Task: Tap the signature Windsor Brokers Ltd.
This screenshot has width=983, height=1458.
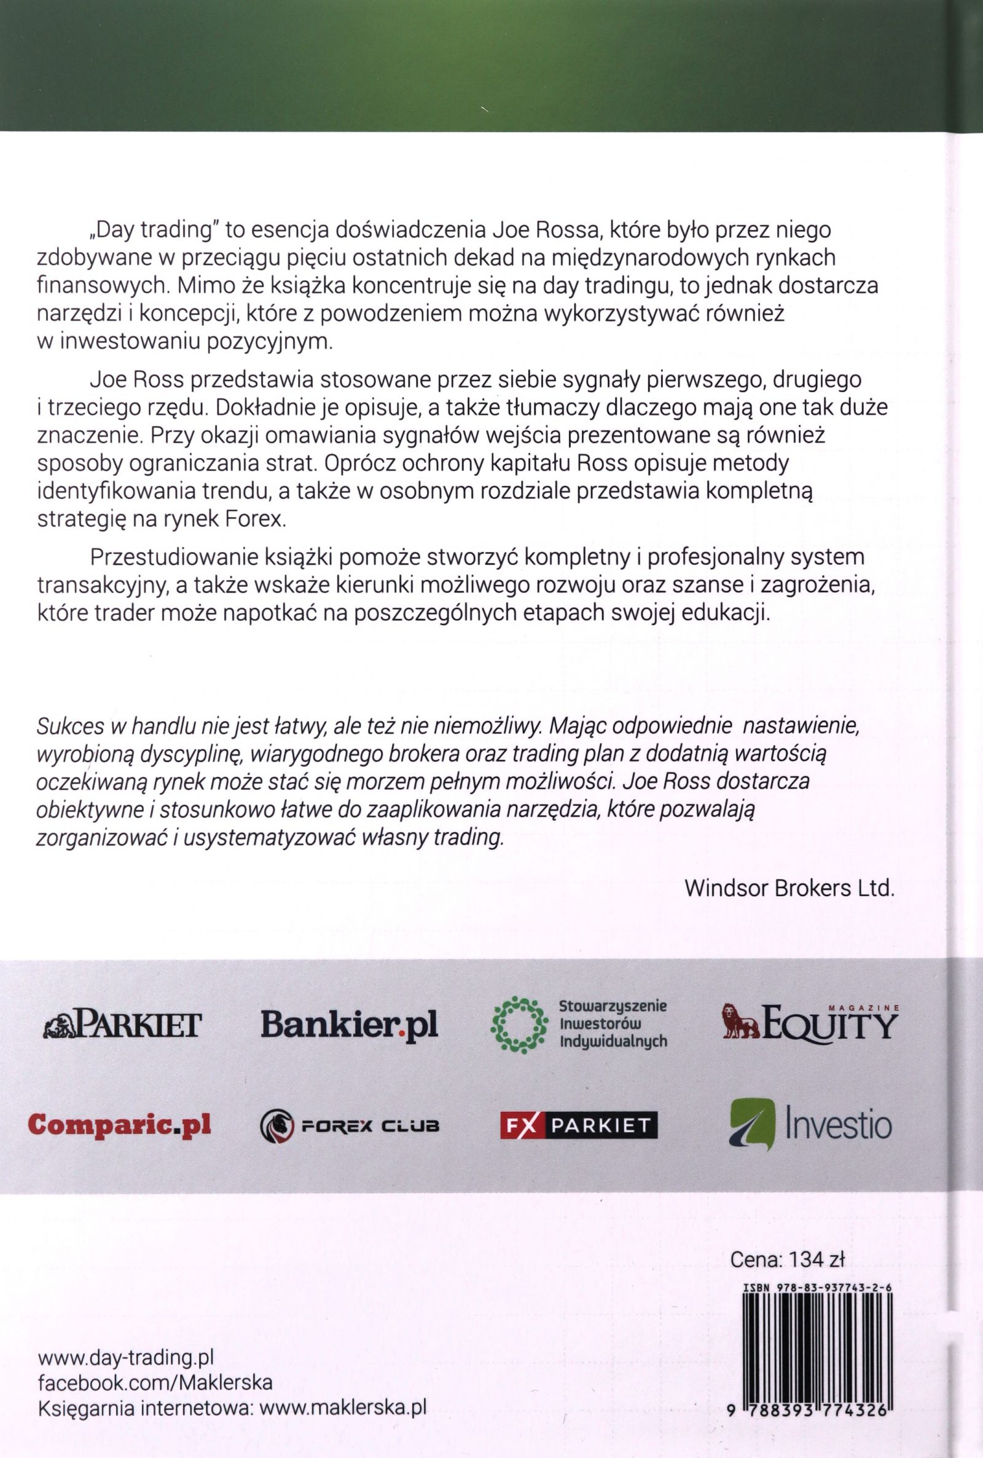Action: tap(789, 889)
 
